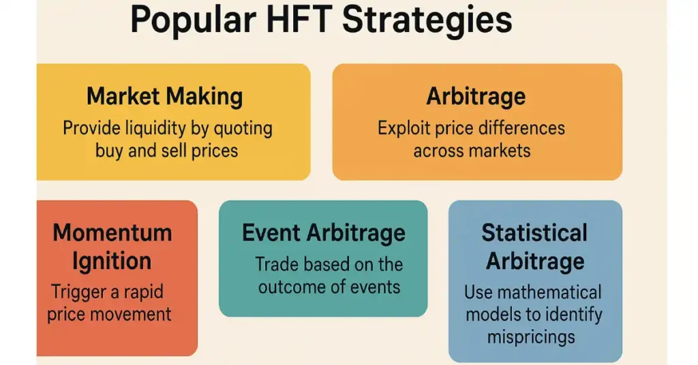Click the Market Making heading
[165, 97]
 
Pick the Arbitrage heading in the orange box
[476, 97]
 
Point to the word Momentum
[112, 232]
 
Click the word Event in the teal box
[270, 232]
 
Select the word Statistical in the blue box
[534, 232]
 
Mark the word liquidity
[149, 129]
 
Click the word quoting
[243, 129]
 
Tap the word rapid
[143, 293]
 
